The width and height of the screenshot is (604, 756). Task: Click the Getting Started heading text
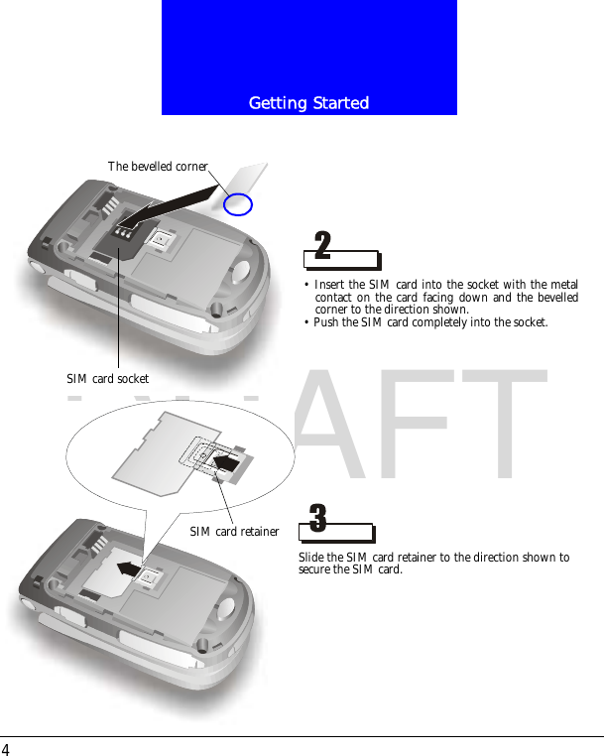tap(308, 103)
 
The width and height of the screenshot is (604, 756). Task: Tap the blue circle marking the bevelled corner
tap(238, 204)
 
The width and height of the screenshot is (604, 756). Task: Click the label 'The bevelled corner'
tap(158, 167)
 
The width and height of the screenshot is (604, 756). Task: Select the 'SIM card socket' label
tap(107, 379)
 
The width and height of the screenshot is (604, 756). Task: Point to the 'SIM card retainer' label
tap(234, 532)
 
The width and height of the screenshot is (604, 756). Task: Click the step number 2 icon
tap(322, 245)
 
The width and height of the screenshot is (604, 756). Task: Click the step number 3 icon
tap(317, 518)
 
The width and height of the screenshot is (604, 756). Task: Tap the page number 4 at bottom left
tap(6, 748)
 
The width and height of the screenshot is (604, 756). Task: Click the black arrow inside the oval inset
tap(227, 461)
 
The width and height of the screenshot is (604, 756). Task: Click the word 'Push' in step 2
tap(326, 322)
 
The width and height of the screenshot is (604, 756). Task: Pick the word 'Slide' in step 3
tap(311, 558)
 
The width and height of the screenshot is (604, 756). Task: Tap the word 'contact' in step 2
tap(334, 298)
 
